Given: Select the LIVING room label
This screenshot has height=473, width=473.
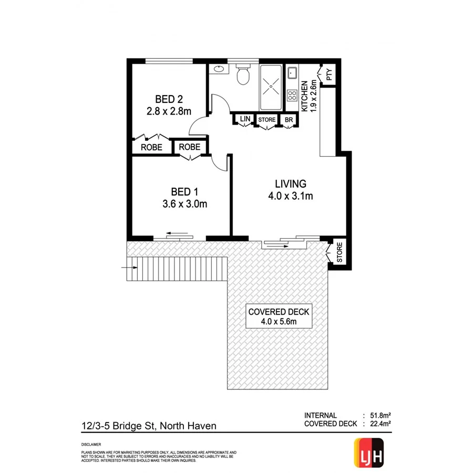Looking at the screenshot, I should [290, 184].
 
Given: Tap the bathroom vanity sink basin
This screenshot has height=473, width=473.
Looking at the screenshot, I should [218, 68].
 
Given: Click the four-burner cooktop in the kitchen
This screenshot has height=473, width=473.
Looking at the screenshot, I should [292, 96].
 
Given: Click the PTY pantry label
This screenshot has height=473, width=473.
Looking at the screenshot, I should [329, 76].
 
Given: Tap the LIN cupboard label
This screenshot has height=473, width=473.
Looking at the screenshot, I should [245, 119].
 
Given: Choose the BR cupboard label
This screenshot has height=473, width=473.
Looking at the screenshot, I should [289, 120].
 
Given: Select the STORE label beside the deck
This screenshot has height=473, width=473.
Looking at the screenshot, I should [340, 252].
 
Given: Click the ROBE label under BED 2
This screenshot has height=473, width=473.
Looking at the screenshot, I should [150, 148].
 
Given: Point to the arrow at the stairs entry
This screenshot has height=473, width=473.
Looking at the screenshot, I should [130, 268].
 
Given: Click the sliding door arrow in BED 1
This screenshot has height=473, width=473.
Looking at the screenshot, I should [179, 234].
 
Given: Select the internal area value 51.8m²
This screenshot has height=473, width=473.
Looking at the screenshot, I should [378, 415].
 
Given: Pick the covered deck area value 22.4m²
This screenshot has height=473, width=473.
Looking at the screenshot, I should [378, 424].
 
